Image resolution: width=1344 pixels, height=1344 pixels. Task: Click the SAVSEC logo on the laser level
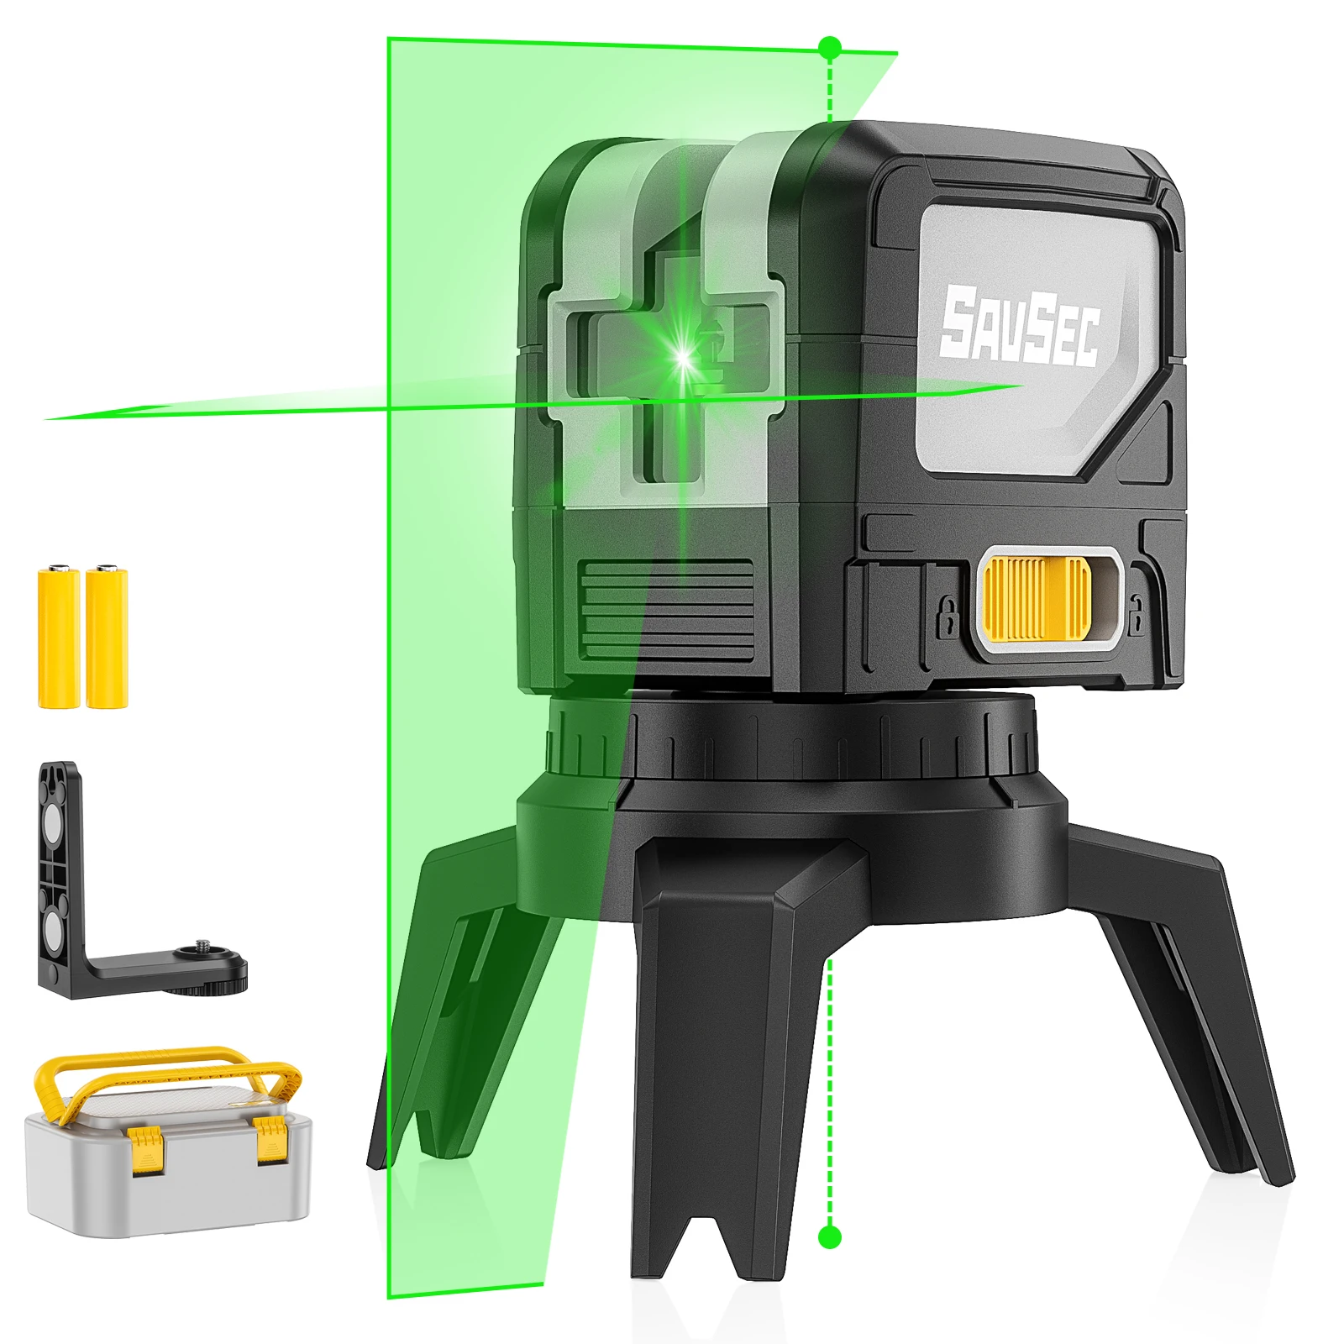point(1019,327)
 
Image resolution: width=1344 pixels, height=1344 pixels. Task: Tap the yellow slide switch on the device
point(1037,597)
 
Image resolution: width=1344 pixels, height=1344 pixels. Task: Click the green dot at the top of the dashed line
point(829,47)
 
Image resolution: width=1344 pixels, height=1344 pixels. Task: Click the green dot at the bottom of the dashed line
point(829,1236)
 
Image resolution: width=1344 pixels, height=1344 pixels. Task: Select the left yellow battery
point(59,638)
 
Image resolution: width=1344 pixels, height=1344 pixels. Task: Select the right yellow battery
point(107,638)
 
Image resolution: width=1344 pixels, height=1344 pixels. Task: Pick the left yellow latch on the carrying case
point(145,1149)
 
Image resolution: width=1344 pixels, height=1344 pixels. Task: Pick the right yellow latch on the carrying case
point(271,1139)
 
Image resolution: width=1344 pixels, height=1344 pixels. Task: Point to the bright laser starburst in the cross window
point(684,356)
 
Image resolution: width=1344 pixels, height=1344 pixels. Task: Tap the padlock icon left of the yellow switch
point(947,617)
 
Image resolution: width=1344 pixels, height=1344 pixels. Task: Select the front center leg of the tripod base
point(722,1050)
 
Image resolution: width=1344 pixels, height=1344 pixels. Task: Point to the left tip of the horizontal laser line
point(50,417)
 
